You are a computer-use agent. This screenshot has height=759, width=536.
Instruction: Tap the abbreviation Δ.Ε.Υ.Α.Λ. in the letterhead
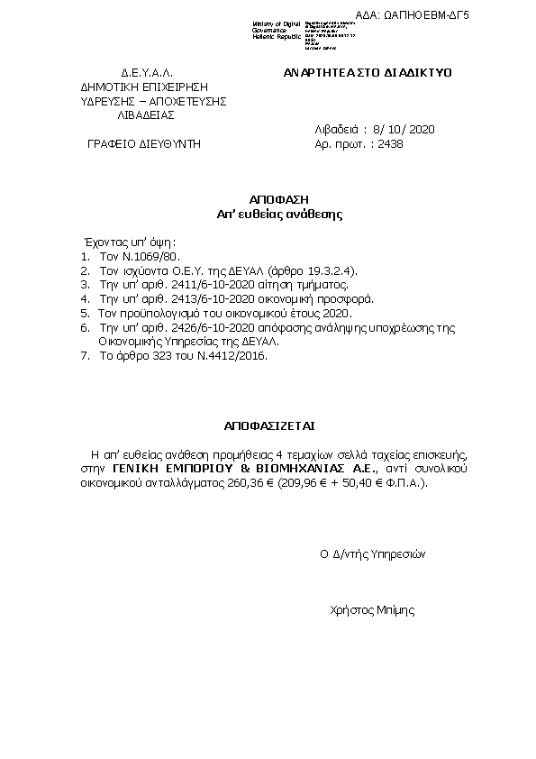pyautogui.click(x=146, y=71)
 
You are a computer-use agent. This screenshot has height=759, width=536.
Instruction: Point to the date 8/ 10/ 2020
pyautogui.click(x=403, y=130)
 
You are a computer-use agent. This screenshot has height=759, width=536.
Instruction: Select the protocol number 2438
pyautogui.click(x=391, y=143)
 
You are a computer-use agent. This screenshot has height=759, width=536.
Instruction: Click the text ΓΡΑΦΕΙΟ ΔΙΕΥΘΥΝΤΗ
pyautogui.click(x=144, y=143)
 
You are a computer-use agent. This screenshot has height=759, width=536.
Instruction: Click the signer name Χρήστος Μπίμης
pyautogui.click(x=373, y=609)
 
